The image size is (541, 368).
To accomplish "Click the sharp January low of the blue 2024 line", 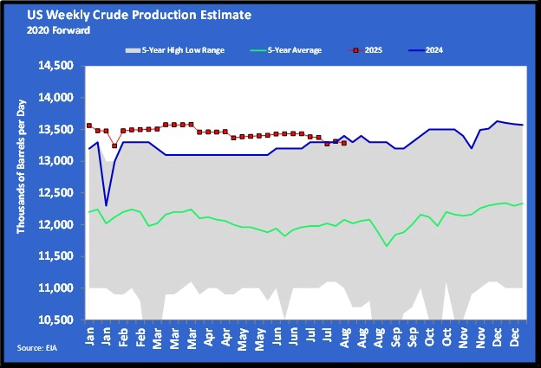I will pos(106,205).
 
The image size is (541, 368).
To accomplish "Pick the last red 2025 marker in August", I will pos(344,144).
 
